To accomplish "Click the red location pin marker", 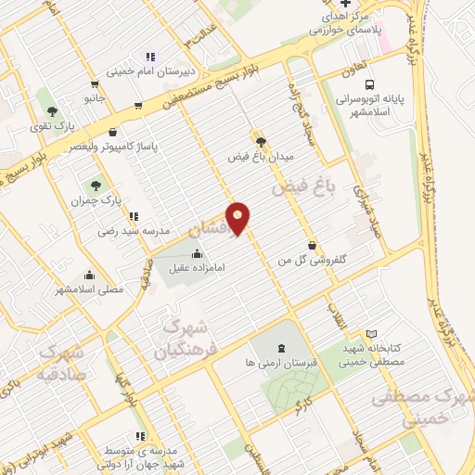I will click(x=239, y=218).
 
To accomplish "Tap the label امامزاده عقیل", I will click(x=197, y=269).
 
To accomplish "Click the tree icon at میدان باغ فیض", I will click(x=261, y=142).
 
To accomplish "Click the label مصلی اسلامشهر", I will click(x=90, y=289).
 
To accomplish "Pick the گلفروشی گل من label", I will click(x=312, y=263).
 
